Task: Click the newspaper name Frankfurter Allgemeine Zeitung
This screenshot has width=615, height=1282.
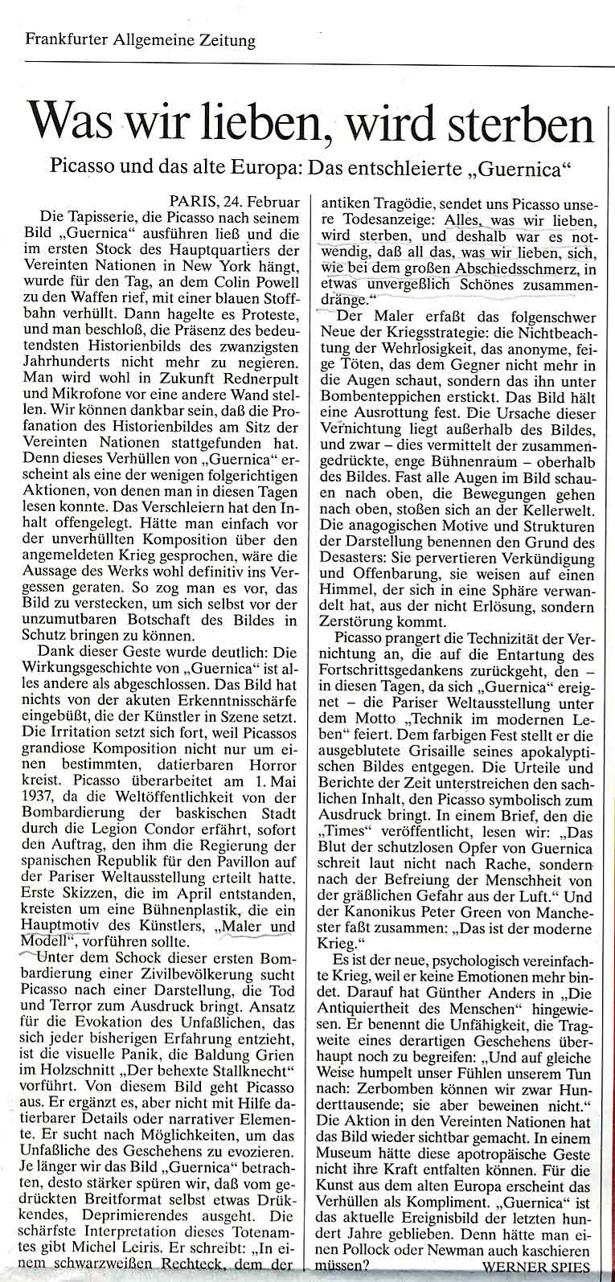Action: coord(140,39)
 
